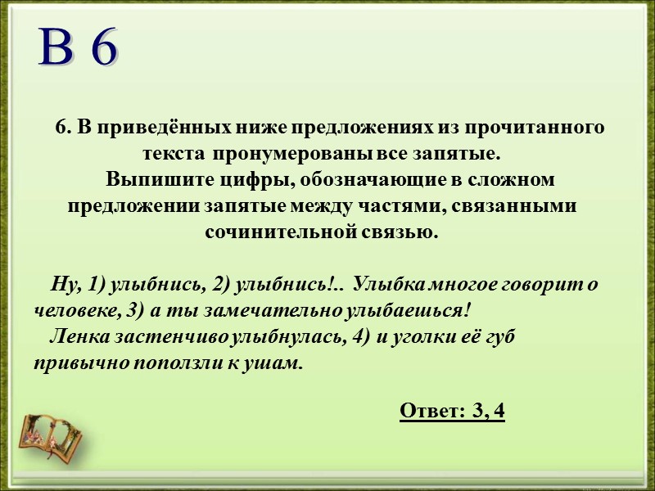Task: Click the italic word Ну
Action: click(63, 284)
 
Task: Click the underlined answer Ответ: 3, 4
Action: click(452, 410)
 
